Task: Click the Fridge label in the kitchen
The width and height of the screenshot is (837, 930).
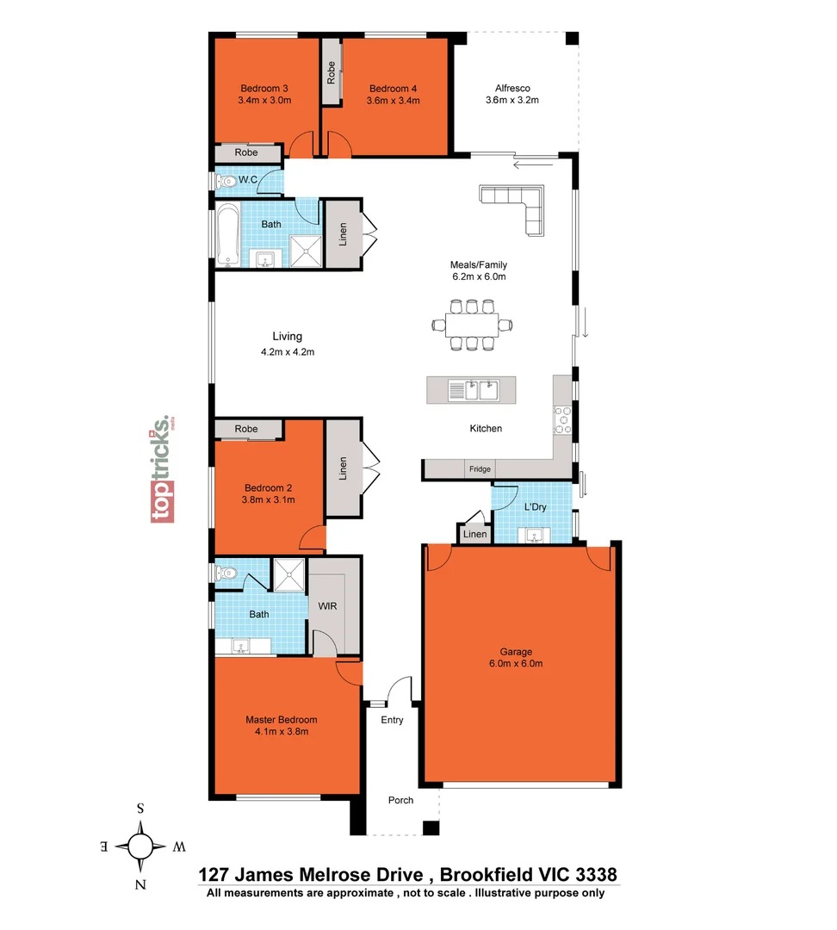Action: (x=480, y=469)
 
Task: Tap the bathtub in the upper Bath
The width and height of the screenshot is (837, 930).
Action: (x=226, y=235)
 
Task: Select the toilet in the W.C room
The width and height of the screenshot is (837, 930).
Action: (x=226, y=181)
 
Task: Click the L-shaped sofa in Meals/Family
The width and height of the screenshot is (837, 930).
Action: (x=518, y=206)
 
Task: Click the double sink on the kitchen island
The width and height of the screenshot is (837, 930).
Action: (x=472, y=390)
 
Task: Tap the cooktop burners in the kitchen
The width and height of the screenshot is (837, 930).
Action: (x=562, y=419)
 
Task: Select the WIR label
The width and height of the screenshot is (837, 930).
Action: (x=327, y=606)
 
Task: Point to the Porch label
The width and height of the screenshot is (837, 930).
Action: (x=400, y=800)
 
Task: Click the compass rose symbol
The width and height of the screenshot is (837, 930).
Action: (x=140, y=846)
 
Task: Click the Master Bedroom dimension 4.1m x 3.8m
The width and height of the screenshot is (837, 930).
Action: (x=281, y=732)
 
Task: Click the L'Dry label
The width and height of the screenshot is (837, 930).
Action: (x=535, y=507)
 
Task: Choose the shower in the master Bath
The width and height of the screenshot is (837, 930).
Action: (x=289, y=574)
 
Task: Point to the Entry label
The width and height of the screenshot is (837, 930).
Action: (x=392, y=720)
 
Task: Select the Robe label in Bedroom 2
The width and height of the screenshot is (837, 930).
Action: (x=246, y=429)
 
